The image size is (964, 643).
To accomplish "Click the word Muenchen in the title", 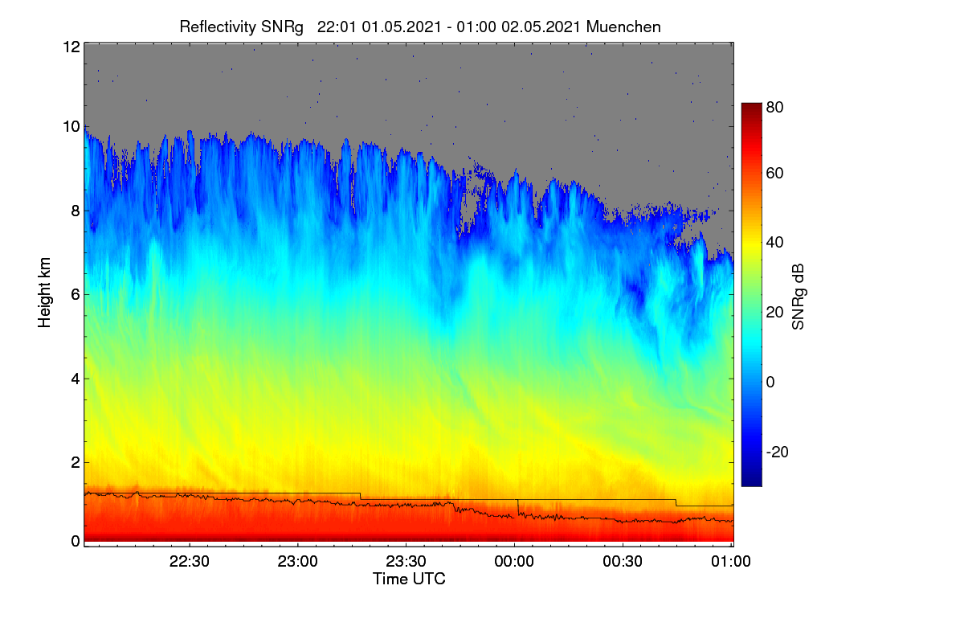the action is (x=623, y=27).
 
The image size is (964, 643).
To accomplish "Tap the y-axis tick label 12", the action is (x=71, y=47).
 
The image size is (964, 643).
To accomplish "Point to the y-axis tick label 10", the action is (x=71, y=127).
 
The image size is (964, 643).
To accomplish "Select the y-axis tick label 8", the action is (x=76, y=211).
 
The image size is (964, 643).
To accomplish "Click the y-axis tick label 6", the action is (x=76, y=295).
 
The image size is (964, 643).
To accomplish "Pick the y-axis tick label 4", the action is (x=76, y=379).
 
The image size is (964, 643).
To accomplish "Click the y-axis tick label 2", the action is (x=76, y=462).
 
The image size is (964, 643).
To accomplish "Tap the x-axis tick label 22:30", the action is (x=190, y=561).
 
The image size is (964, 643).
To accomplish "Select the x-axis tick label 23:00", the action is (x=297, y=561).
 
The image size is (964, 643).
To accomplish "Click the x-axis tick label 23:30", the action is (x=406, y=561).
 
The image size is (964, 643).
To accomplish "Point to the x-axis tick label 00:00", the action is (x=514, y=561).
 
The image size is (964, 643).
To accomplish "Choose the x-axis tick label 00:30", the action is (x=623, y=561).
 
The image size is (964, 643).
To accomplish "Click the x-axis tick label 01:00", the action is (x=731, y=561).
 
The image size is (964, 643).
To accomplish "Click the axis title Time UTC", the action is (x=409, y=579).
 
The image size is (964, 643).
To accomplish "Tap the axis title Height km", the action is (x=44, y=293).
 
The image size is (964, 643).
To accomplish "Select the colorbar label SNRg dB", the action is (x=798, y=297).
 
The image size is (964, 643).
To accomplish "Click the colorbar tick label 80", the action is (x=774, y=107).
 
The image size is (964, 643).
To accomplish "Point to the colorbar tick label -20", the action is (x=778, y=452).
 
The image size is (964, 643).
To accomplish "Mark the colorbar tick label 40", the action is (x=774, y=243).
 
